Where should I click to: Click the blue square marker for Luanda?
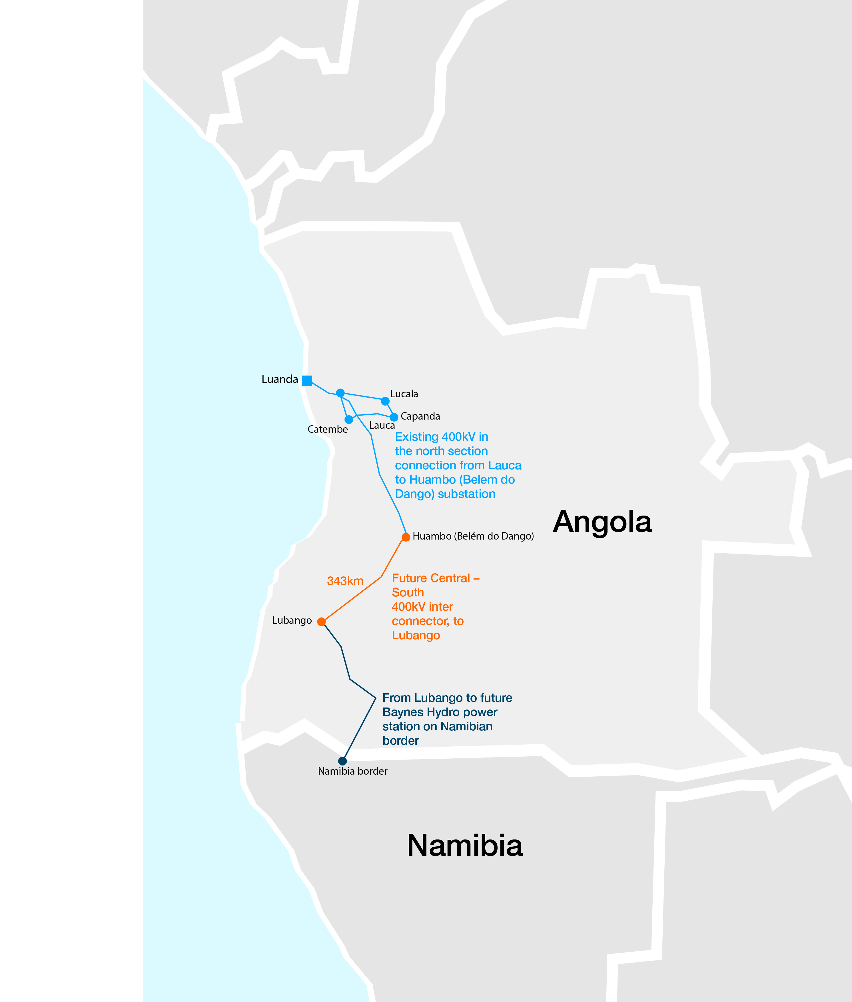point(307,380)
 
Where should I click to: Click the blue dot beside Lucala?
point(385,401)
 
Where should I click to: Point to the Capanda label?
point(420,416)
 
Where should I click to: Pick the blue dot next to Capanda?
point(394,417)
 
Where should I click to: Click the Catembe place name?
point(328,429)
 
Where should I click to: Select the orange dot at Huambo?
point(406,537)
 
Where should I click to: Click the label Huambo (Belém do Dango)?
point(473,536)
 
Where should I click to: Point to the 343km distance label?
point(345,581)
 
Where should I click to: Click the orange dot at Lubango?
point(321,622)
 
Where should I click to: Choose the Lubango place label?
point(292,620)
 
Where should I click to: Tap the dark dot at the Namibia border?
point(342,761)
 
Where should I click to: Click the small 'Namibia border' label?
point(352,771)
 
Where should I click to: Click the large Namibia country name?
point(465,845)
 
